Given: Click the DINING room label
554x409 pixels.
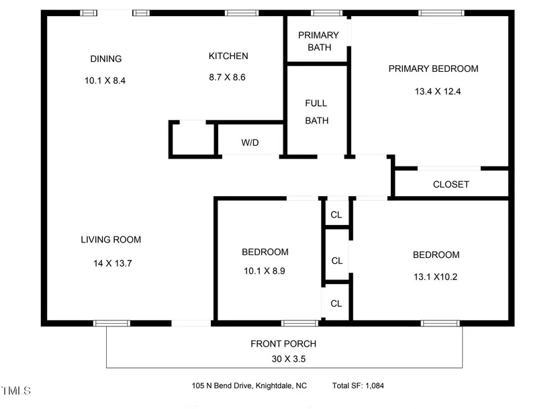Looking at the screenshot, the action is pos(106,58).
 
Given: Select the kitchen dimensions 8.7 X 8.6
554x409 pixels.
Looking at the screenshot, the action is pos(227,77).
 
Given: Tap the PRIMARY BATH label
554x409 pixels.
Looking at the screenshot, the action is pos(319,41).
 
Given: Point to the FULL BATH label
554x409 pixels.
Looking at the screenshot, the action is pos(316,111).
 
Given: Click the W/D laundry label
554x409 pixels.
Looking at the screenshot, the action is pos(250,142).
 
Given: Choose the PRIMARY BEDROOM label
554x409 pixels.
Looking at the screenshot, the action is pos(434,69).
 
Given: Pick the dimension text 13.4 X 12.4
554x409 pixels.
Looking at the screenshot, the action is pos(438,91).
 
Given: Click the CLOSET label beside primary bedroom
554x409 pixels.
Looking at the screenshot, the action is pos(451,184).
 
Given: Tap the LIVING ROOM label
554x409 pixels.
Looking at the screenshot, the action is pos(111,240).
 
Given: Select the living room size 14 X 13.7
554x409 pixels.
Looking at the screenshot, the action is pos(113,263).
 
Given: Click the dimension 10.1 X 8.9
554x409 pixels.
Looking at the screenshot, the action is pos(265,271).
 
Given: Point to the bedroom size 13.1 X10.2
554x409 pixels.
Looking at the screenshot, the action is pos(436,277).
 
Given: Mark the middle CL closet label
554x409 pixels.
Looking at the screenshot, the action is pos(337,261).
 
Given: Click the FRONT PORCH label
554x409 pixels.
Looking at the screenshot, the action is pos(283,344).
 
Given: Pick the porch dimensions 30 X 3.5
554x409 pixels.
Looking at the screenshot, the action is pos(289,359).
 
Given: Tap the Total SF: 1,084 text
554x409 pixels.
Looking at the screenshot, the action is pos(358,385).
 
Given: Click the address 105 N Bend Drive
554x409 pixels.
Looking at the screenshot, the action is pos(222,385).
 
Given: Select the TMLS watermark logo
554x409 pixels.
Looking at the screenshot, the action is pos(16,391).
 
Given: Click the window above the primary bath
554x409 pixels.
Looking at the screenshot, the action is pos(327,13).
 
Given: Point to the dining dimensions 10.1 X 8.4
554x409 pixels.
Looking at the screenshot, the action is pos(105,81).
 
